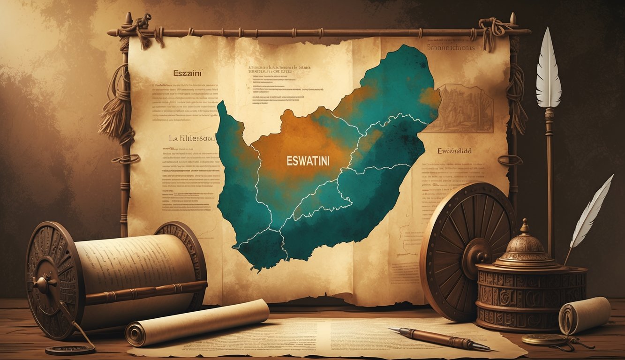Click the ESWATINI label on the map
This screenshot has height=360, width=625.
[308, 160]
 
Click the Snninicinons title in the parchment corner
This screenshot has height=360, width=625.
[451, 47]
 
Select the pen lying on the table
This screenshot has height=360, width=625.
[438, 338]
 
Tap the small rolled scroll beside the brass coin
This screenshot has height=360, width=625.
[584, 316]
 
